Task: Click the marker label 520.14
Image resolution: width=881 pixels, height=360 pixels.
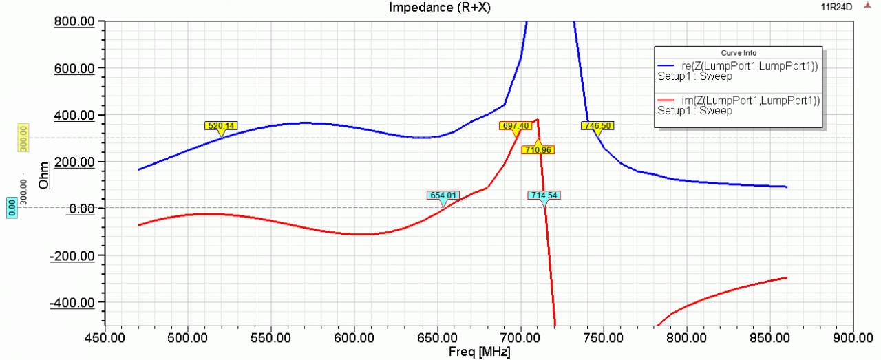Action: pyautogui.click(x=221, y=126)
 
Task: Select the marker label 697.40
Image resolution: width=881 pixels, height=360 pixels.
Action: pyautogui.click(x=516, y=126)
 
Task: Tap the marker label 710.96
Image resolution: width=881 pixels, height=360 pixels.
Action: pyautogui.click(x=538, y=149)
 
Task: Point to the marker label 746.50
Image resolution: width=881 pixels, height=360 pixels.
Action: pyautogui.click(x=597, y=126)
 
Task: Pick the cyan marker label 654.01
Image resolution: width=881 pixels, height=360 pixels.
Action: pyautogui.click(x=443, y=195)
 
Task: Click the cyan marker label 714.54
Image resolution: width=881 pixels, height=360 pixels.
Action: pyautogui.click(x=544, y=195)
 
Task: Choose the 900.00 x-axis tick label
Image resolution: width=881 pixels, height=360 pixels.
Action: pyautogui.click(x=852, y=339)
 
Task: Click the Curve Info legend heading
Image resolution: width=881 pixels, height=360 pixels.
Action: pyautogui.click(x=737, y=53)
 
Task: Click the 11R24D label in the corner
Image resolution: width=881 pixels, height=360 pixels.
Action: pyautogui.click(x=836, y=7)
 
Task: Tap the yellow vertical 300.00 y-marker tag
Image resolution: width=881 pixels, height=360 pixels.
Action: pyautogui.click(x=23, y=138)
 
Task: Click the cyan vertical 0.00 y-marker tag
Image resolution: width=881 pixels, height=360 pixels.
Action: pyautogui.click(x=12, y=208)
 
